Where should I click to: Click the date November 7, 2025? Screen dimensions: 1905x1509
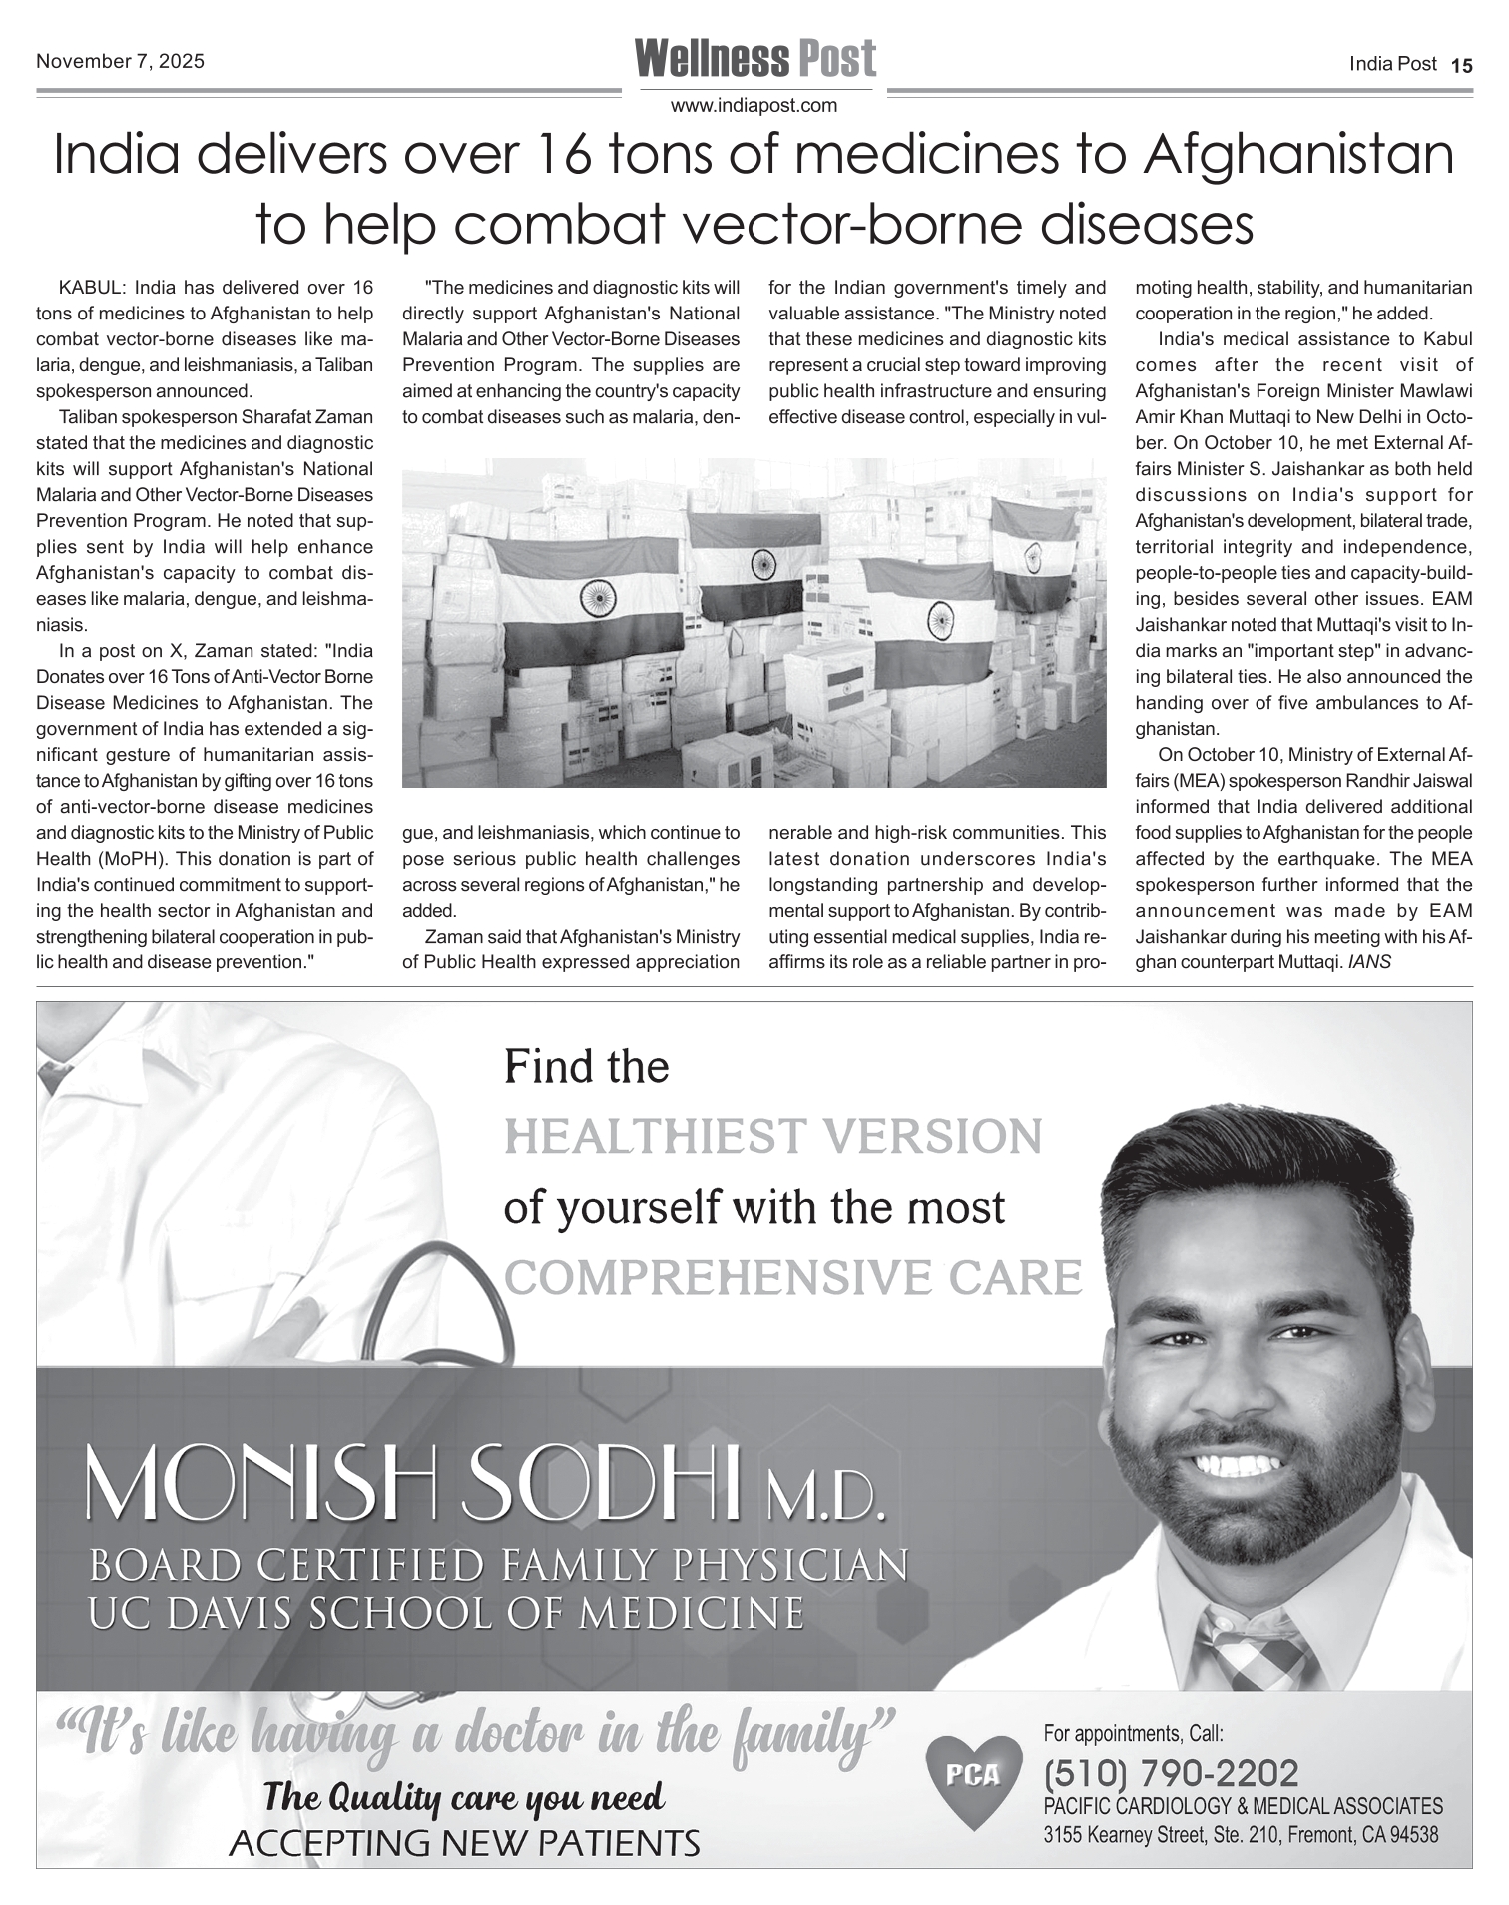(x=120, y=61)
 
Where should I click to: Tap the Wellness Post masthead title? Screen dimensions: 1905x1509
(x=755, y=59)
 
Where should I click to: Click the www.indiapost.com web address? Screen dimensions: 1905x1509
(x=754, y=106)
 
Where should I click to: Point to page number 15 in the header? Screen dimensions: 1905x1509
(x=1461, y=65)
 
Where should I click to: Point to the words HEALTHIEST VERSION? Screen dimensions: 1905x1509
(x=773, y=1137)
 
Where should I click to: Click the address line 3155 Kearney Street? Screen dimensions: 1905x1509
(x=1241, y=1835)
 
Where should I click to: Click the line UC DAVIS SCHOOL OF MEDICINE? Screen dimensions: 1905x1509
(x=446, y=1613)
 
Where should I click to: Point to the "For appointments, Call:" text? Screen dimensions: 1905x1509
(x=1133, y=1732)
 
